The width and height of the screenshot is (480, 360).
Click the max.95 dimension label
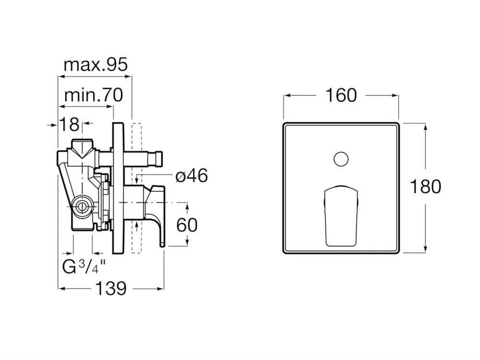[x=96, y=65]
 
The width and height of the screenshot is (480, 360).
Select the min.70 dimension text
[x=94, y=95]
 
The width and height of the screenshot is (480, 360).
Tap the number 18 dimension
[x=69, y=124]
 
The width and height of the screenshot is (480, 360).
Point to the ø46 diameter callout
[x=192, y=176]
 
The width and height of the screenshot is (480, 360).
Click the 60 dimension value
[x=187, y=225]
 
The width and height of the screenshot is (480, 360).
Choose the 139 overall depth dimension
[x=111, y=288]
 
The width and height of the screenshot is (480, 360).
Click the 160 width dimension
[x=341, y=95]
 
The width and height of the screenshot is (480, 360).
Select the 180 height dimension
[x=425, y=186]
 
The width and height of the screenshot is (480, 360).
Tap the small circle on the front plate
[x=341, y=159]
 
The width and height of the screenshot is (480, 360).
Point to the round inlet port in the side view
[x=82, y=207]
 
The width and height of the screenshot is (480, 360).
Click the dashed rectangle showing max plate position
[x=136, y=188]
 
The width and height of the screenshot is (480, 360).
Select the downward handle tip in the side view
[x=162, y=244]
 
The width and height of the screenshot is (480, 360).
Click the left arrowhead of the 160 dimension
[x=288, y=96]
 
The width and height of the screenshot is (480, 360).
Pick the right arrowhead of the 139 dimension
[x=160, y=288]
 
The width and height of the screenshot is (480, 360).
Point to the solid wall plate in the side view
[x=118, y=188]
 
